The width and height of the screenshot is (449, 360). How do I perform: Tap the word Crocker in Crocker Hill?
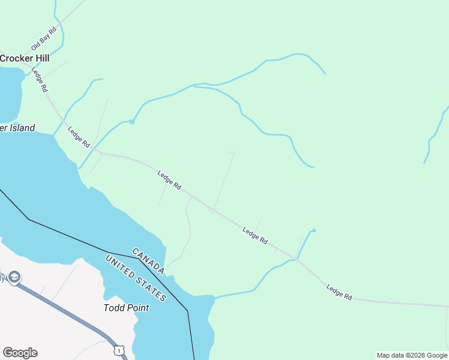[x=17, y=58]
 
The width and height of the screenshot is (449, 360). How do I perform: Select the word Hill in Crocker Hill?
[x=41, y=58]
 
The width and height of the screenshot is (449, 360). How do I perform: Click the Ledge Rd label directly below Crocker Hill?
[x=40, y=79]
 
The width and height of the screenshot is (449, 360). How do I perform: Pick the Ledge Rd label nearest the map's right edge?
[x=339, y=292]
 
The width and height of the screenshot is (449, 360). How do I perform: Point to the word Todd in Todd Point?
[x=113, y=308]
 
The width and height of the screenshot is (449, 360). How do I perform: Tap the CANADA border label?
[x=148, y=262]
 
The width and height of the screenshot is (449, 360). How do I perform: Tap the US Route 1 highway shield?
[x=119, y=349]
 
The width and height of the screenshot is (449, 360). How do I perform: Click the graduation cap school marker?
[x=14, y=277]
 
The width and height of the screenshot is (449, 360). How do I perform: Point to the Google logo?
[x=20, y=353]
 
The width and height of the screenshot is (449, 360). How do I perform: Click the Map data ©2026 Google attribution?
[x=412, y=355]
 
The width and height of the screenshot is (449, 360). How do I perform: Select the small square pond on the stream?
[x=131, y=122]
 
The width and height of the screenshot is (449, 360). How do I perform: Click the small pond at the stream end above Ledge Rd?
[x=313, y=230]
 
